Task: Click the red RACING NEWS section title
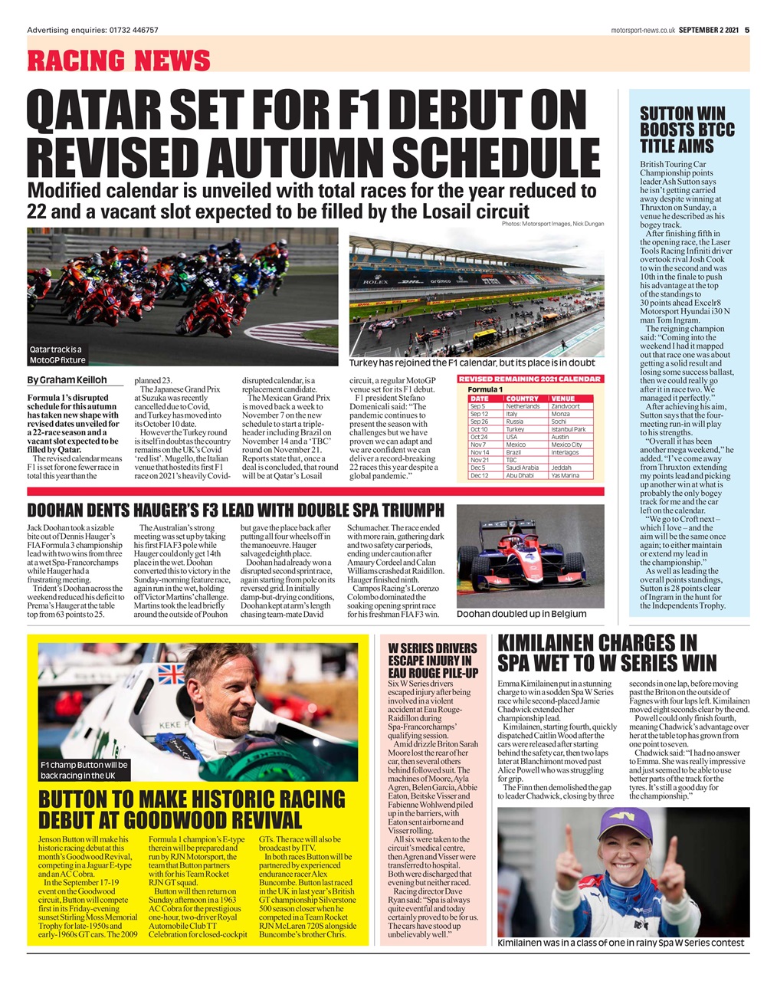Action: (x=119, y=60)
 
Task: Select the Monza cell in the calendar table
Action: (x=560, y=414)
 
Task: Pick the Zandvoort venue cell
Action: (x=566, y=406)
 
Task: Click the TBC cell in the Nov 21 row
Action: (x=512, y=460)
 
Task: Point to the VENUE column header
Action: (x=563, y=399)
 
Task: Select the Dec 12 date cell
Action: (x=479, y=475)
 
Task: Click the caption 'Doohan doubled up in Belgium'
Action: (x=521, y=614)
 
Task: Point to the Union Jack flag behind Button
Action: (x=170, y=674)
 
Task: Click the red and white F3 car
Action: (x=529, y=559)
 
